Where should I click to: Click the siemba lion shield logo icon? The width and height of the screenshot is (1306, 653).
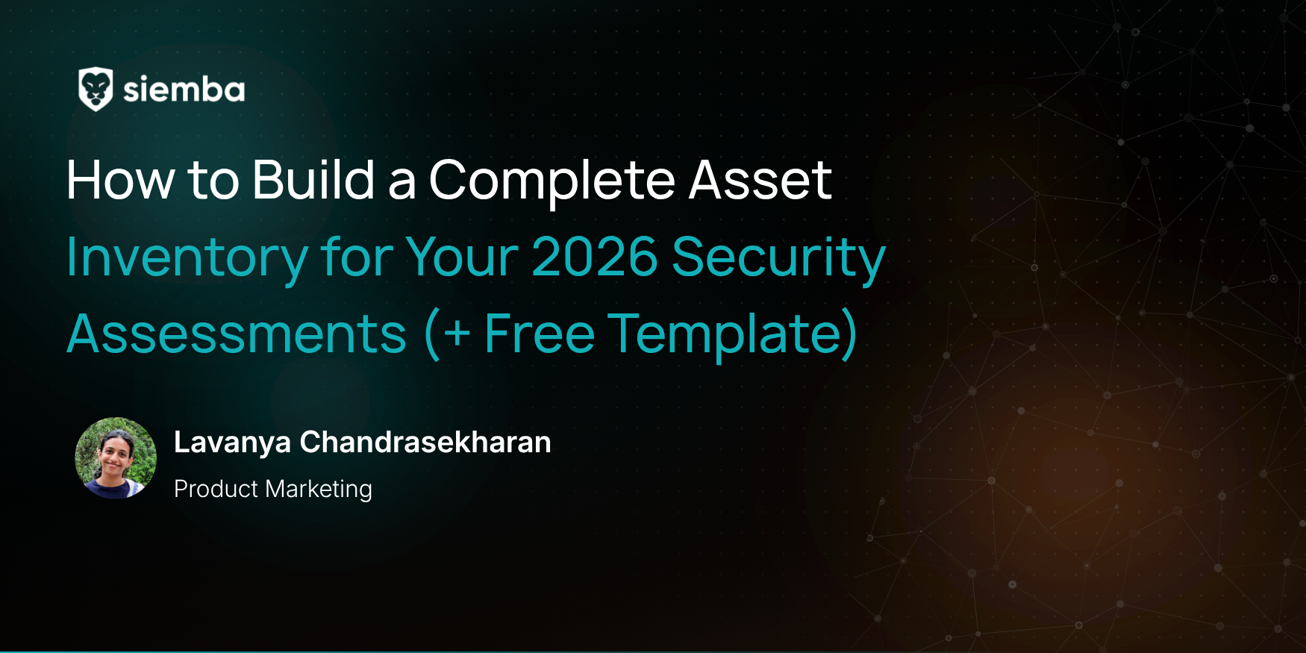[x=96, y=89]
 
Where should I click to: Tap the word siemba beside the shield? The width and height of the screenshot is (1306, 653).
[x=184, y=90]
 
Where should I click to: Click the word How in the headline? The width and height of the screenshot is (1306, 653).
[x=120, y=180]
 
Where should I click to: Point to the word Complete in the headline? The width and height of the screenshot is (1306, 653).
[x=552, y=181]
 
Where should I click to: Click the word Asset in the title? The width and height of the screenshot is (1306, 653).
[x=760, y=181]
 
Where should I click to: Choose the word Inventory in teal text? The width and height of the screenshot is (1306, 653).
[x=187, y=258]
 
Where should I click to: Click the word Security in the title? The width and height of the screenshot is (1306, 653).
[x=778, y=258]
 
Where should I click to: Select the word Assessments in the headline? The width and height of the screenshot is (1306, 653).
[x=237, y=334]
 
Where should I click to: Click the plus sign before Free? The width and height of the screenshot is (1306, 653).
[x=457, y=335]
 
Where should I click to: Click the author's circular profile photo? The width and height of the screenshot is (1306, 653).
[x=116, y=458]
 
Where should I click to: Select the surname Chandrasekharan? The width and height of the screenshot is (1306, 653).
[x=425, y=443]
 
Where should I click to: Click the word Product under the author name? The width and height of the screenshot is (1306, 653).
[x=216, y=489]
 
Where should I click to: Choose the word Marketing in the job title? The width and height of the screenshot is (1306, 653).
[x=319, y=490]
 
